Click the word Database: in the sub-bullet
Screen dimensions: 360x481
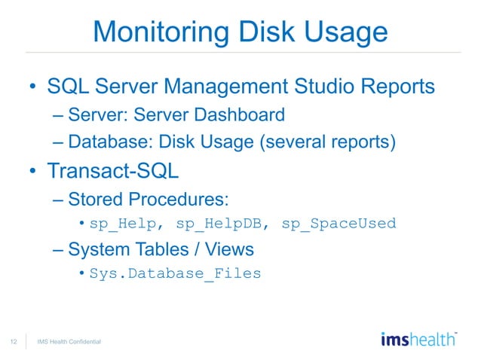[106, 141]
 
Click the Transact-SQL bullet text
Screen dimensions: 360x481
[113, 170]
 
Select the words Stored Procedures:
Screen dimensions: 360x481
[149, 199]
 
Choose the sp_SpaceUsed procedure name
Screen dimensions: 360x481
[339, 224]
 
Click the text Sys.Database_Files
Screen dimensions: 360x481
[175, 273]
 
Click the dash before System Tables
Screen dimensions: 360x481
[59, 249]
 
